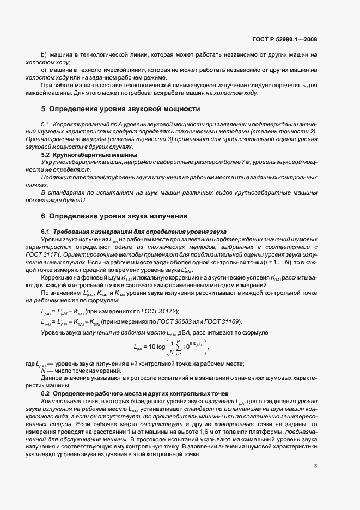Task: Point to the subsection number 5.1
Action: point(45,125)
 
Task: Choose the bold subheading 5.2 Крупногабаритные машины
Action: point(81,155)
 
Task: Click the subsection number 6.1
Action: point(45,232)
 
